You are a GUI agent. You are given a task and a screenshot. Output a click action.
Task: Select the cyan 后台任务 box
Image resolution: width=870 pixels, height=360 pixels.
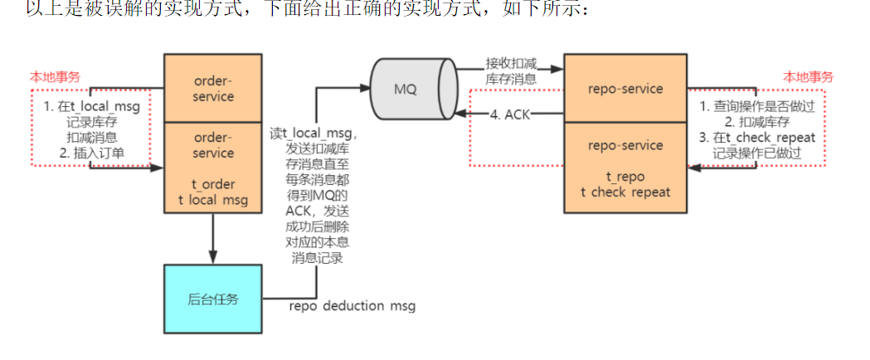tap(212, 299)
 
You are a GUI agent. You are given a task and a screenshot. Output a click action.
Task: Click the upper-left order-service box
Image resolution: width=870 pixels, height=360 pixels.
tap(212, 88)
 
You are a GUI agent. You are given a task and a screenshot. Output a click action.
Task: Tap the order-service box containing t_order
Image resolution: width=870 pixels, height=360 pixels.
tap(212, 167)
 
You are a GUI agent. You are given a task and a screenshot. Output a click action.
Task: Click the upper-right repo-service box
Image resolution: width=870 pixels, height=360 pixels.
tap(625, 86)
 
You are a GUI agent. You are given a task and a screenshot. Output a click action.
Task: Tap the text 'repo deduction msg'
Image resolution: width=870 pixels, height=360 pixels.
tap(352, 306)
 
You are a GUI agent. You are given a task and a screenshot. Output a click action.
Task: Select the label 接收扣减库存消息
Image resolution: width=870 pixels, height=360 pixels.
tap(511, 71)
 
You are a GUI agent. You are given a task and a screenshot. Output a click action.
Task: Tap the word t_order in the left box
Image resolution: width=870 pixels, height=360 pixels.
tap(212, 183)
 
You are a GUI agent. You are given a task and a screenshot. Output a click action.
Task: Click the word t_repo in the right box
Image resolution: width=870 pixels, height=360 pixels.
tap(625, 178)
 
